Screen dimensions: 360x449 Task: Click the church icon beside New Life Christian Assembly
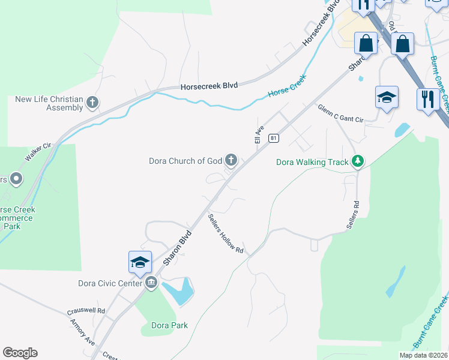(x=92, y=103)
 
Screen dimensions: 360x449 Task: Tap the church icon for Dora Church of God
(x=231, y=160)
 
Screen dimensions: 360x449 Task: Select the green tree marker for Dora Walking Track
(x=358, y=161)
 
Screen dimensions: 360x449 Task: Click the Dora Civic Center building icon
(x=150, y=283)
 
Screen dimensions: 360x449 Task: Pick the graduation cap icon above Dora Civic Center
(x=140, y=263)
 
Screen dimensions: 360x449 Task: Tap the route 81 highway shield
(x=273, y=138)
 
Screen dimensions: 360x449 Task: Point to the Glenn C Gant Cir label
(x=341, y=112)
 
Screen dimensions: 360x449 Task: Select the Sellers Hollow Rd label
(x=226, y=233)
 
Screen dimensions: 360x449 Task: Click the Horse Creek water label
(x=287, y=86)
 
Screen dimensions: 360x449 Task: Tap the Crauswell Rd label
(x=86, y=311)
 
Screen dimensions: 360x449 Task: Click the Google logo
(x=20, y=353)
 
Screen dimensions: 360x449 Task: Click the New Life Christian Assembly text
(x=49, y=103)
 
